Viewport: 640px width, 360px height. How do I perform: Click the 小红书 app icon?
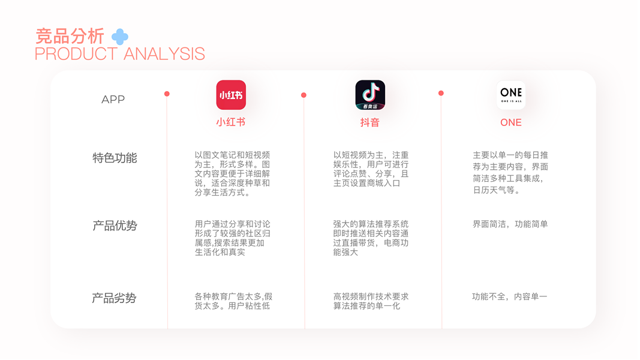click(x=231, y=95)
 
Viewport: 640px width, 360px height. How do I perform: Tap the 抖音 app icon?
click(x=370, y=95)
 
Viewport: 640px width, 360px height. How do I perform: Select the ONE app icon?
click(x=511, y=95)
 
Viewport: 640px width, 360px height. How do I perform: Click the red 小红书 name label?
click(x=231, y=122)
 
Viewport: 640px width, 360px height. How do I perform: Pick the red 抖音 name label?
click(x=370, y=122)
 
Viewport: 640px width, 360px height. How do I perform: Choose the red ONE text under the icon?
click(x=511, y=122)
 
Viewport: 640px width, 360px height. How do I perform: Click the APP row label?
click(x=113, y=100)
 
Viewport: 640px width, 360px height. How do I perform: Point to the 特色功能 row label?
click(x=115, y=158)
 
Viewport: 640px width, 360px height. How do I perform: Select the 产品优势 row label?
click(x=115, y=226)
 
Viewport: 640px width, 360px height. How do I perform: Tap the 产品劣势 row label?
click(x=114, y=298)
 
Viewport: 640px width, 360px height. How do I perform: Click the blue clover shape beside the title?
click(x=120, y=37)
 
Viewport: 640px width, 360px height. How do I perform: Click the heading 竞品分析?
click(x=70, y=36)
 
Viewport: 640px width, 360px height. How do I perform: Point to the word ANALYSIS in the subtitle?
click(x=164, y=54)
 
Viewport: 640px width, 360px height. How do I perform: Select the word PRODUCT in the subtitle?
click(x=76, y=54)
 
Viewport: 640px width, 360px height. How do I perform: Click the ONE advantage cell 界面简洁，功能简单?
click(x=510, y=224)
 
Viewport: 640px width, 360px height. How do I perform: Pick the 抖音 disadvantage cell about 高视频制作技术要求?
click(x=371, y=301)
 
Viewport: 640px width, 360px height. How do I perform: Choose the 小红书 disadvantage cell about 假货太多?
click(x=233, y=301)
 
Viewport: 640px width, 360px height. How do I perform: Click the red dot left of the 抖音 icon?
click(x=304, y=95)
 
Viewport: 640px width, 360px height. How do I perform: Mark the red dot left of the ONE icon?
click(x=441, y=93)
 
